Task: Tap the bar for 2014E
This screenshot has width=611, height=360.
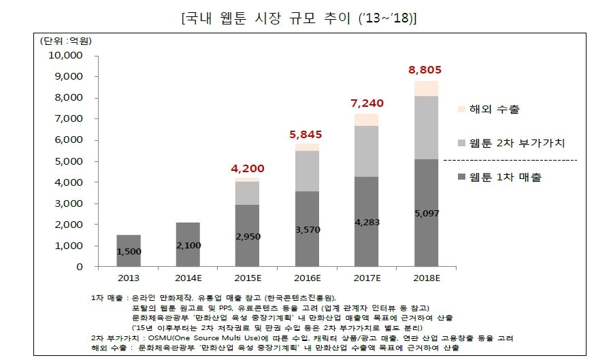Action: tap(188, 244)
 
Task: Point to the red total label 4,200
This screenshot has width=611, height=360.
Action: tap(248, 168)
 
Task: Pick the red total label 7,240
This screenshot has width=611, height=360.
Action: tap(367, 103)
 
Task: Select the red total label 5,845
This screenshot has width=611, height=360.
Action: tap(308, 134)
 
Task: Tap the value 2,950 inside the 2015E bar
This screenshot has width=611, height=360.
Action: tap(248, 235)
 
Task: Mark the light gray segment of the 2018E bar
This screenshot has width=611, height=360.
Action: tap(427, 127)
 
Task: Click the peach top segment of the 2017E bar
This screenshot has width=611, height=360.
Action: tap(367, 120)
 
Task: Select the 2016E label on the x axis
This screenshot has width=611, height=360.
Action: tap(308, 278)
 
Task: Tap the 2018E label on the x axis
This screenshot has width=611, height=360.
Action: tap(427, 278)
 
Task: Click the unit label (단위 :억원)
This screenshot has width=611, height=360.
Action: tap(67, 40)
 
